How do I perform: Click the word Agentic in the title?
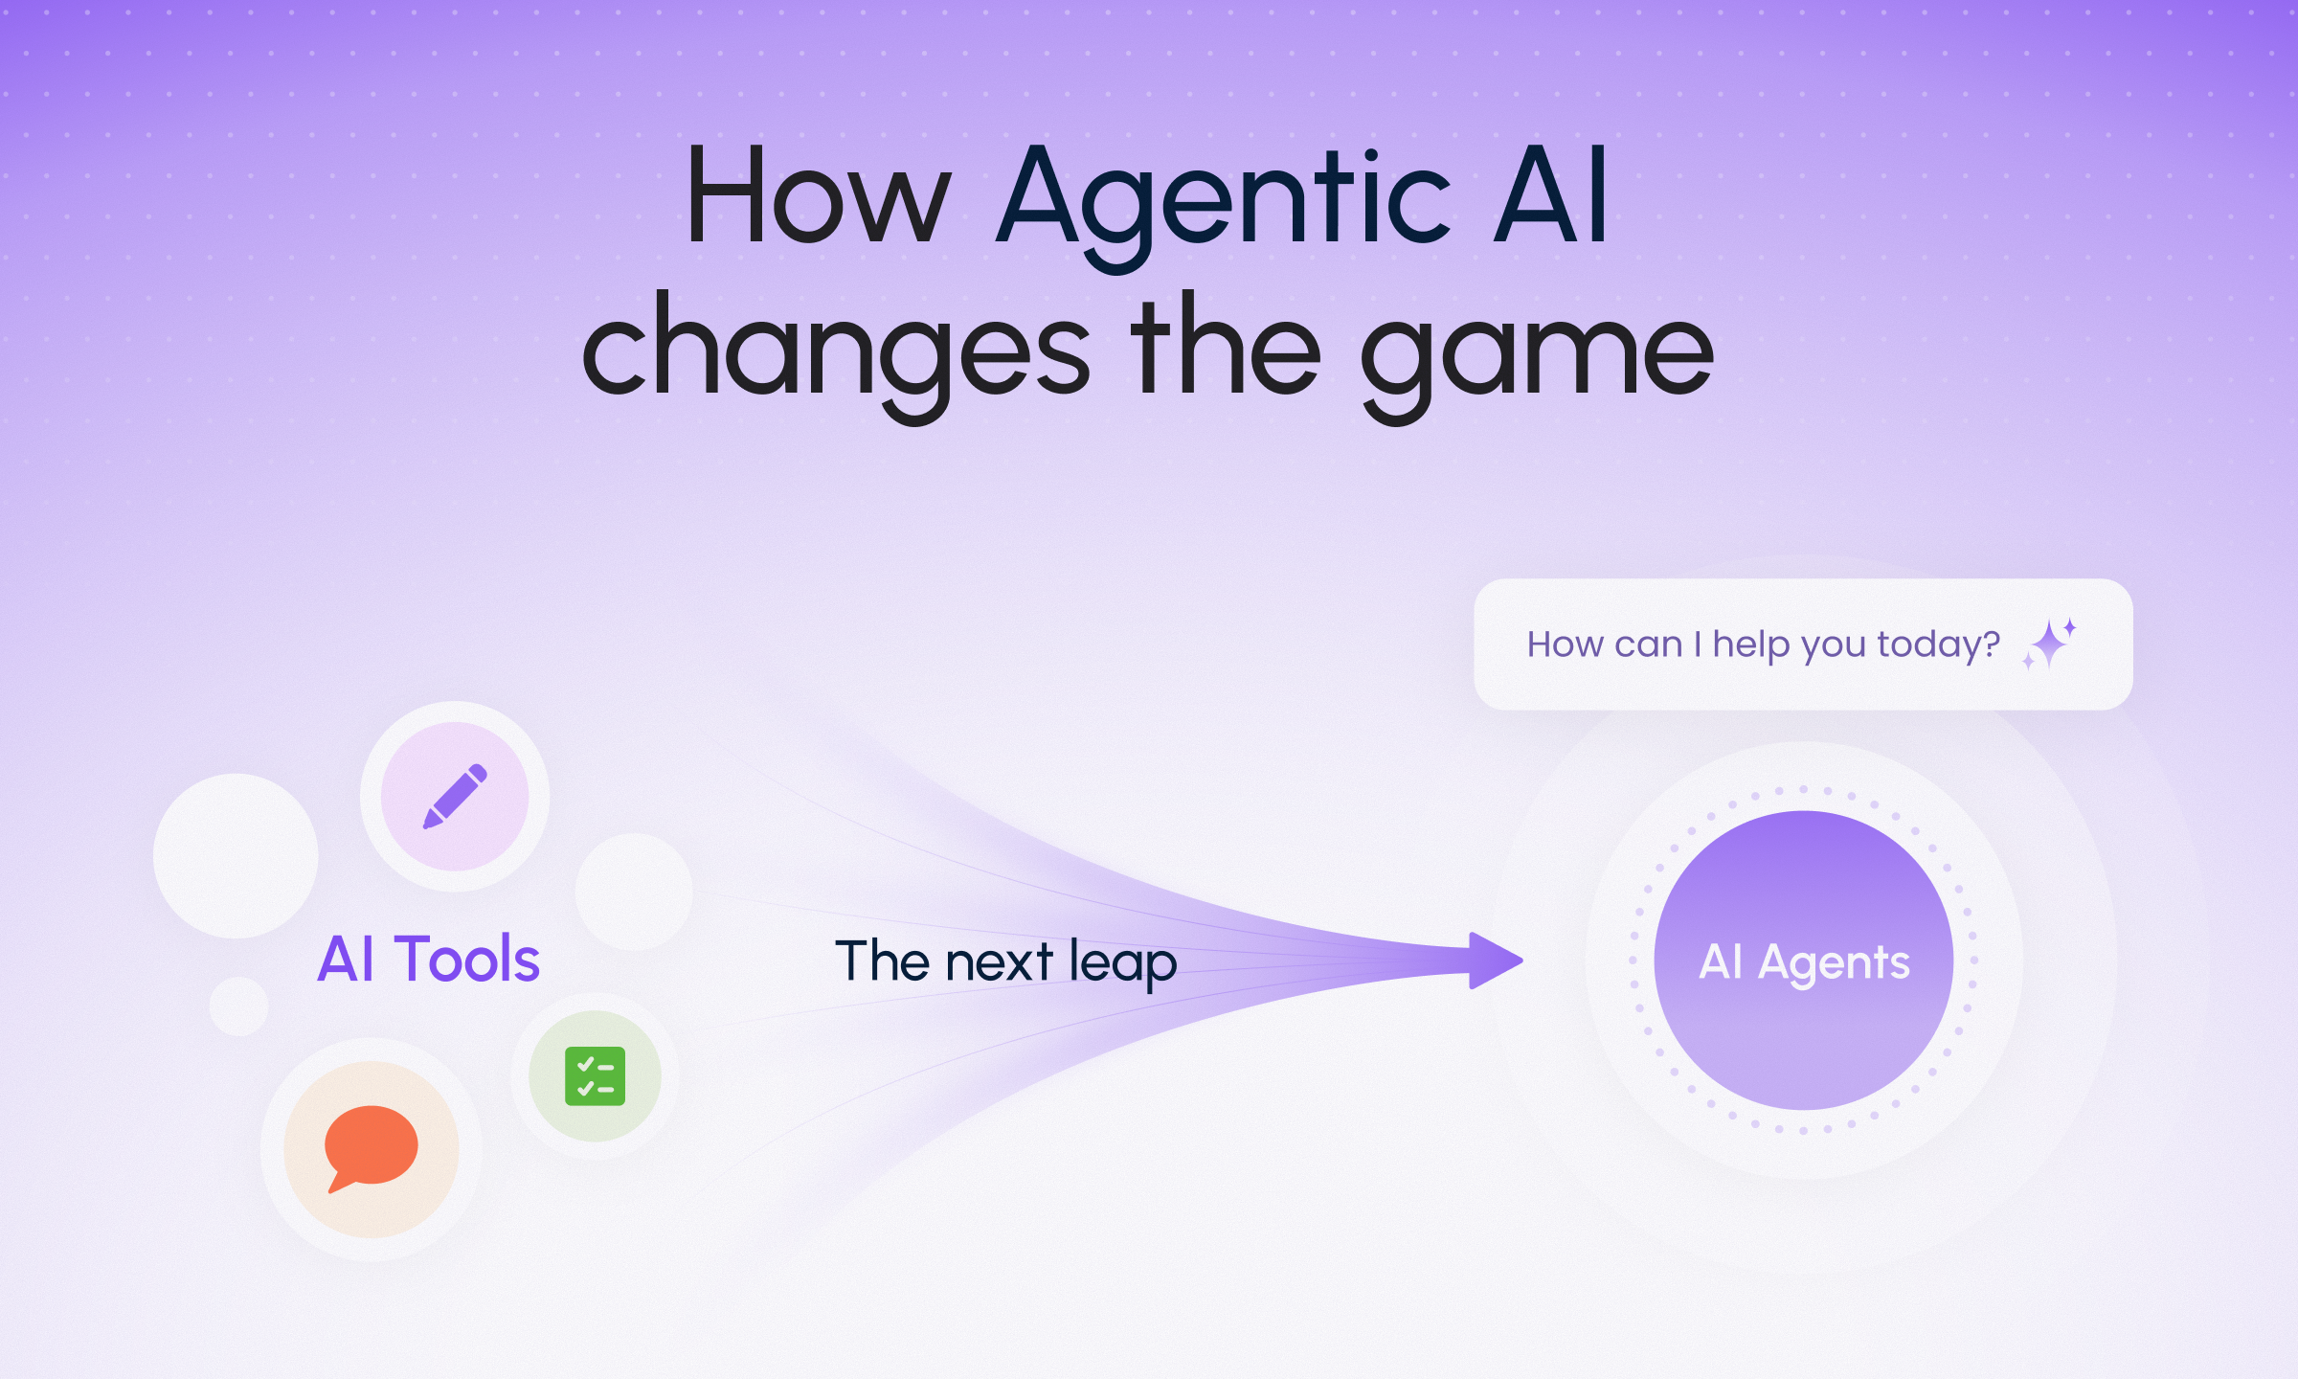pos(1224,207)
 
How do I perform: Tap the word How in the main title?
pos(819,195)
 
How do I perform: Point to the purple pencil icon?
pos(455,796)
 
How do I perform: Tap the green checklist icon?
pos(595,1076)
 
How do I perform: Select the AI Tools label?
pos(428,959)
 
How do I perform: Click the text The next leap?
pos(1005,962)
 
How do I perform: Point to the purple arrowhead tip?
pos(1522,961)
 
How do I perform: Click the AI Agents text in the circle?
pos(1804,962)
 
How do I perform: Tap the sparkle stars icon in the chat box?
pos(2049,644)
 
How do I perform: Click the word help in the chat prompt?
pos(1751,644)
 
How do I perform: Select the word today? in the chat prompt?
pos(1938,645)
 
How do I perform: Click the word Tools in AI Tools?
pos(467,959)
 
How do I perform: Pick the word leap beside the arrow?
pos(1122,963)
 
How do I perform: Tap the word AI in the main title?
pos(1551,195)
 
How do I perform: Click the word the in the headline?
pos(1226,345)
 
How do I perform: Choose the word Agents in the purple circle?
pos(1834,963)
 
